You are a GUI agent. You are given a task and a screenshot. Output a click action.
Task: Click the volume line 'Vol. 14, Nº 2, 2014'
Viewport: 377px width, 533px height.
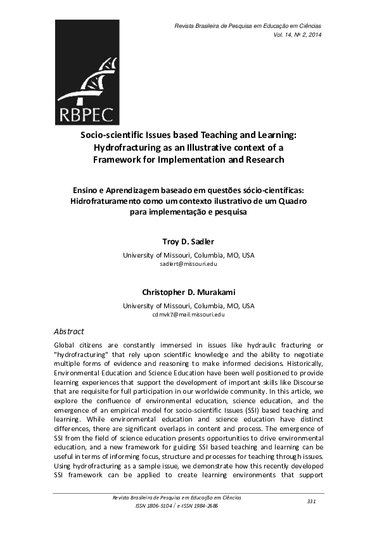(x=297, y=34)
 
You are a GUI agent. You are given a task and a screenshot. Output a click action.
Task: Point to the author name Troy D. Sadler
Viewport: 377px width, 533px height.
(x=188, y=241)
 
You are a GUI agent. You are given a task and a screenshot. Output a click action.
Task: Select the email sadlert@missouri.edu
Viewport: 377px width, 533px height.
(x=188, y=265)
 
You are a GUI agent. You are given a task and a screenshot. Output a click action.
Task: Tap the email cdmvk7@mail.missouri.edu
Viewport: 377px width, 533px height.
(x=188, y=315)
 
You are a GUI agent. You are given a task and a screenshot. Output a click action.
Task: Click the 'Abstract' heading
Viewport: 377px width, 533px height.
(x=69, y=331)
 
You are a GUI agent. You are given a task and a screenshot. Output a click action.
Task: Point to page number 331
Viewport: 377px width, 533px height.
(x=311, y=501)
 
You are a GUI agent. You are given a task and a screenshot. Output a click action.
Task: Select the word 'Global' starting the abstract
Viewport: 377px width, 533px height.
(x=67, y=345)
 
